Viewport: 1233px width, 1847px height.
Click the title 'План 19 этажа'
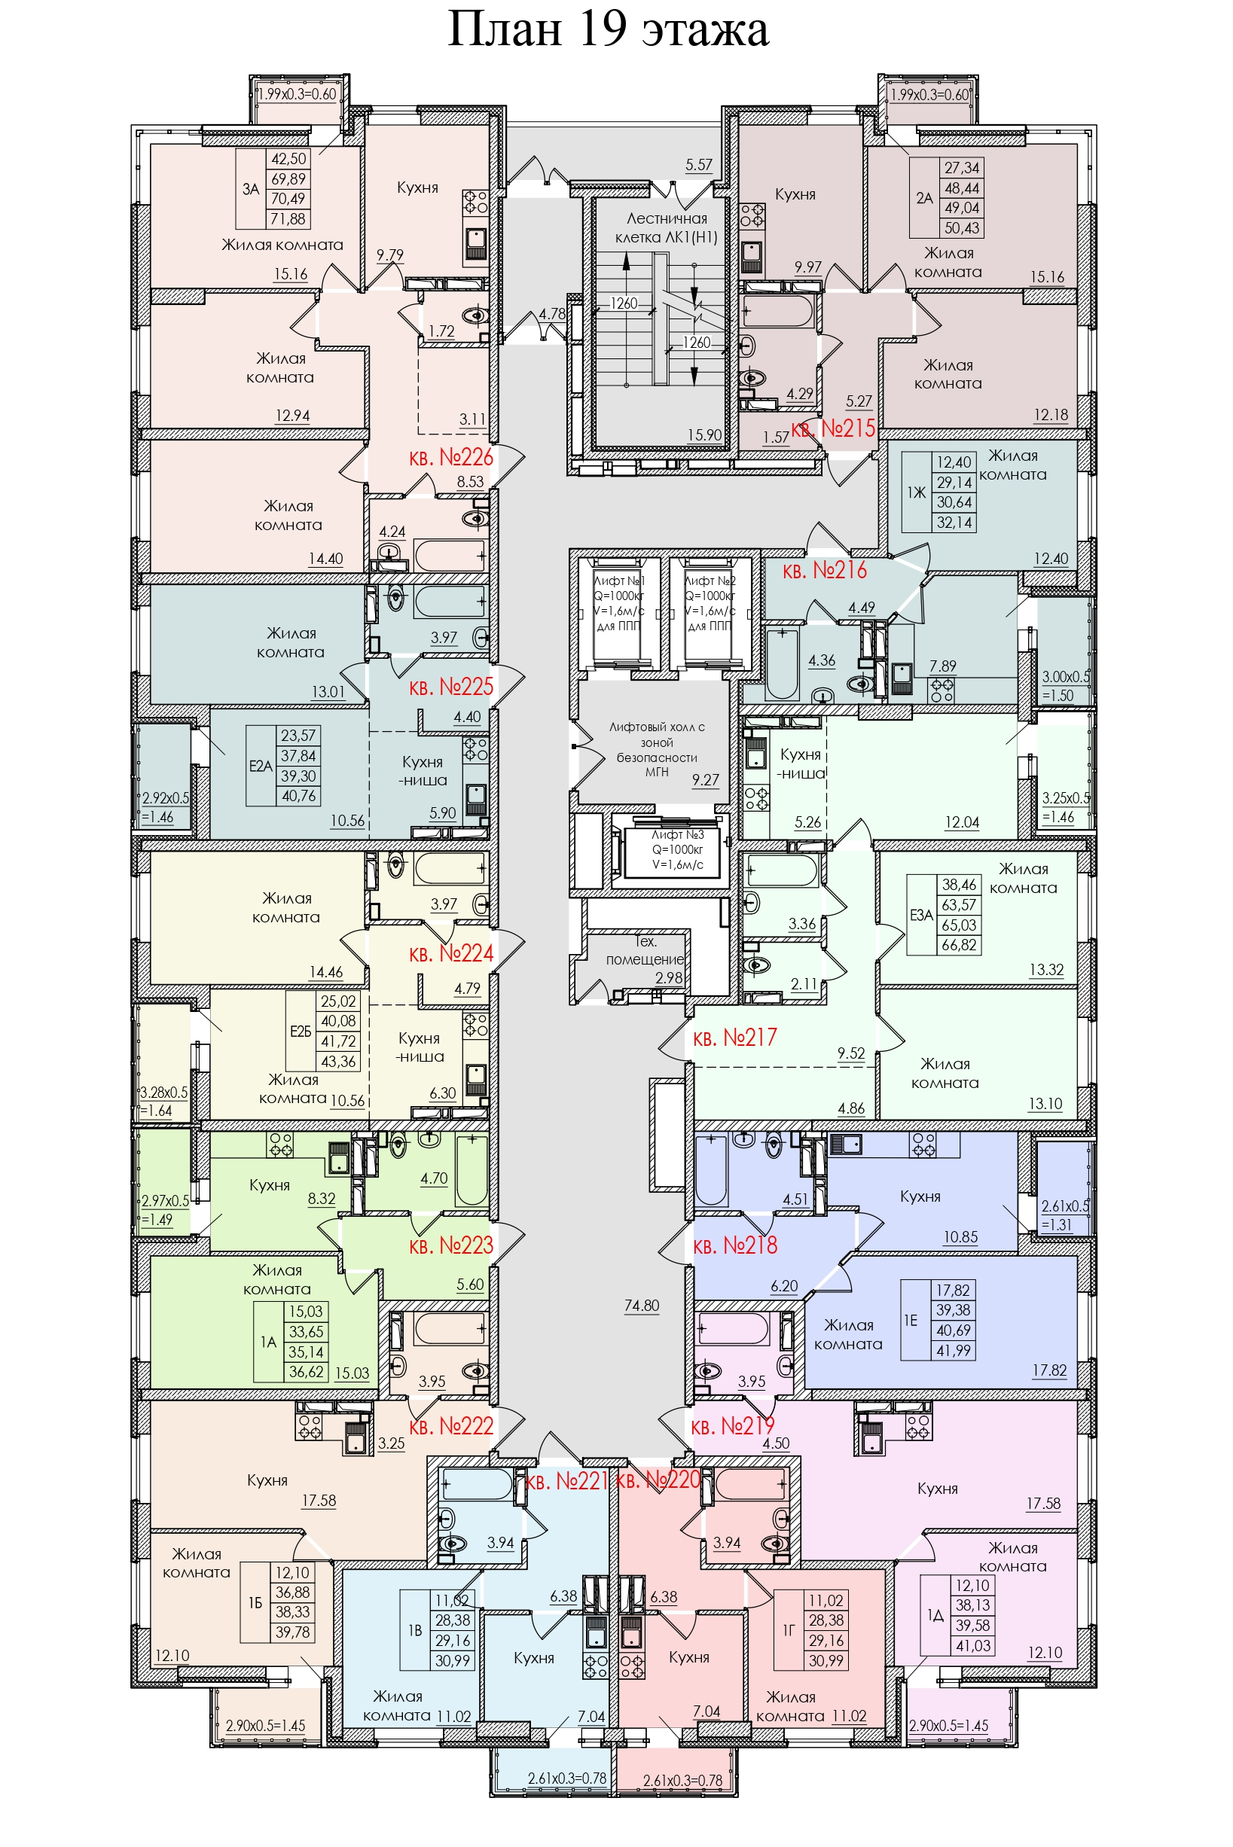608,31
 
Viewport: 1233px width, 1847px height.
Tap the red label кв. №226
450,458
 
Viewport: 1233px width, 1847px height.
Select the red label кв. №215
833,428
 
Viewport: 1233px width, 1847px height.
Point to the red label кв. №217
734,1038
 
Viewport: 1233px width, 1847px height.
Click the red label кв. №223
450,1245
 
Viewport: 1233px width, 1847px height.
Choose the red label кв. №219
732,1426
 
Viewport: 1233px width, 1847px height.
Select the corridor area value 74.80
642,1306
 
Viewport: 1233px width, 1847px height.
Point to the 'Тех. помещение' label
645,950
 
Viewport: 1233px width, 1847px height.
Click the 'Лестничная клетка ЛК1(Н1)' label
667,228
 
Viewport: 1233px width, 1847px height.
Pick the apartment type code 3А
251,189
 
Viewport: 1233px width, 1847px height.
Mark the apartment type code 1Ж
916,492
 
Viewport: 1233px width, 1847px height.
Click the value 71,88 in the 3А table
288,219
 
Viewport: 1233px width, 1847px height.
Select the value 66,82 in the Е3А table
960,946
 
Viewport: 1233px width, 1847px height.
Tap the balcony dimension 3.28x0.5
164,1093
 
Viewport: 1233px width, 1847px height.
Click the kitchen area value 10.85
961,1237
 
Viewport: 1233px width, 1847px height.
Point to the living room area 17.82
1049,1370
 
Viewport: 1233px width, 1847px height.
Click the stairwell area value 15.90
704,434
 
